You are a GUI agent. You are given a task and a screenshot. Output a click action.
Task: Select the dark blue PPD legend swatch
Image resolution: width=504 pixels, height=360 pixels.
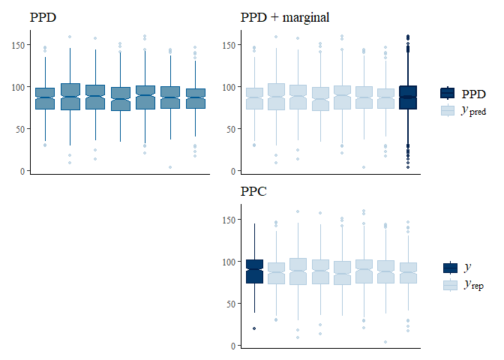(x=448, y=93)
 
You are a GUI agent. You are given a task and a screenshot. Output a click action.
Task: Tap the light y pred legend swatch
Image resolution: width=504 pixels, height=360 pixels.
(x=448, y=110)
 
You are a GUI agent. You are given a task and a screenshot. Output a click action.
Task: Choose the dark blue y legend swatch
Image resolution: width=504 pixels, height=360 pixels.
(x=450, y=268)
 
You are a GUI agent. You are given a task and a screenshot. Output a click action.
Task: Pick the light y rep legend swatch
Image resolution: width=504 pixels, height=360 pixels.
(x=450, y=285)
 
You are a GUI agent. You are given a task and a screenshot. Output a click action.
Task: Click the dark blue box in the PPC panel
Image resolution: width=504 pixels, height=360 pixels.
(x=254, y=271)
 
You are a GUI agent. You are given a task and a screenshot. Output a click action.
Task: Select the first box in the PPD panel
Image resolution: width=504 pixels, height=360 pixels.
(x=44, y=98)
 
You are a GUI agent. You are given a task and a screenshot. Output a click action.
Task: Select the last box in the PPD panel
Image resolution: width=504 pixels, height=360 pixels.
(x=195, y=98)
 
